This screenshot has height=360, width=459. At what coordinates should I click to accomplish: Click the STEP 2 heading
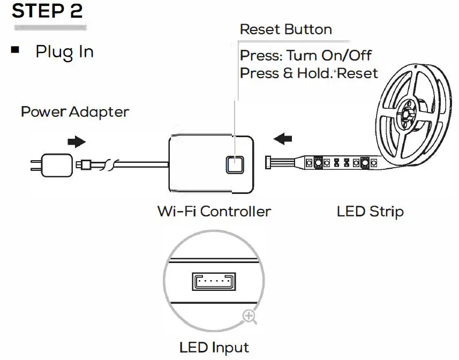48,12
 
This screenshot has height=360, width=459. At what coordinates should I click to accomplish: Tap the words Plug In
64,52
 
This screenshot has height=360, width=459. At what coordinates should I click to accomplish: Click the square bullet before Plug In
15,50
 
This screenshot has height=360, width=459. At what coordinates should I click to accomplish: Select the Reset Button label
285,29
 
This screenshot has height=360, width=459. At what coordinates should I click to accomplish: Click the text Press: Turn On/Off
305,55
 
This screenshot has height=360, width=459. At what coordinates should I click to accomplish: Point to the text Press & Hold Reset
308,73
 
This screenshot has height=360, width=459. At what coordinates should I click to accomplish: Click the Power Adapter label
75,112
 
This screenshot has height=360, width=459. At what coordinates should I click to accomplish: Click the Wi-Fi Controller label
214,211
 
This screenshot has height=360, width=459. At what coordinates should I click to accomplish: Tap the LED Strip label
370,211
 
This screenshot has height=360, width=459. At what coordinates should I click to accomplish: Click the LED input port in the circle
213,281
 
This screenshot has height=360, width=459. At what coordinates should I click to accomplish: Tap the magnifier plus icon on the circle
249,316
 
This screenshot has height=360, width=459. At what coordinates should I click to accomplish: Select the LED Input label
214,348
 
